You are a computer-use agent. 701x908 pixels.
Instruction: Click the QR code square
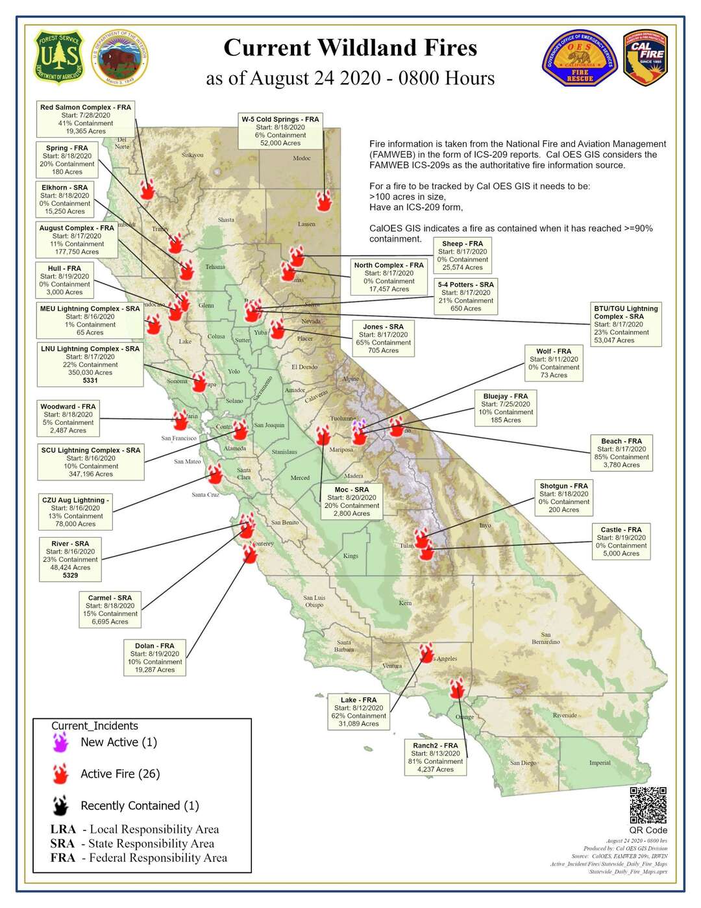point(648,805)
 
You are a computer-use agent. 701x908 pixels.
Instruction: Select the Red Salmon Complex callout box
point(86,119)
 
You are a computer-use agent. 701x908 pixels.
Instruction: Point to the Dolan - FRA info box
point(154,657)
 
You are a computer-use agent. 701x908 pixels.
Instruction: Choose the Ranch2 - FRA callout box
point(436,757)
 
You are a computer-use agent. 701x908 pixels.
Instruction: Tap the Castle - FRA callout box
point(621,542)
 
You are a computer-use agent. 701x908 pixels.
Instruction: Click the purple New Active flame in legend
point(61,742)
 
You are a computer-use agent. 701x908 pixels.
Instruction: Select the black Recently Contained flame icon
point(61,806)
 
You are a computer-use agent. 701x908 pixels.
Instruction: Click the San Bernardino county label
point(545,638)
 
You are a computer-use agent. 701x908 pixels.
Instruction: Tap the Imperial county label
point(600,763)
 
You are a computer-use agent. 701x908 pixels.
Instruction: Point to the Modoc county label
point(302,158)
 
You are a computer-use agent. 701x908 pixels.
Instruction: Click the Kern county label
point(405,603)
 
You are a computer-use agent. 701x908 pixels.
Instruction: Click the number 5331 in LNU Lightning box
point(90,381)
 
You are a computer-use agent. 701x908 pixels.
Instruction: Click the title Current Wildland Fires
point(350,48)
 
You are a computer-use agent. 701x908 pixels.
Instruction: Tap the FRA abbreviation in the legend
point(63,858)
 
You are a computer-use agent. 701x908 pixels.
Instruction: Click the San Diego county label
point(523,763)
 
